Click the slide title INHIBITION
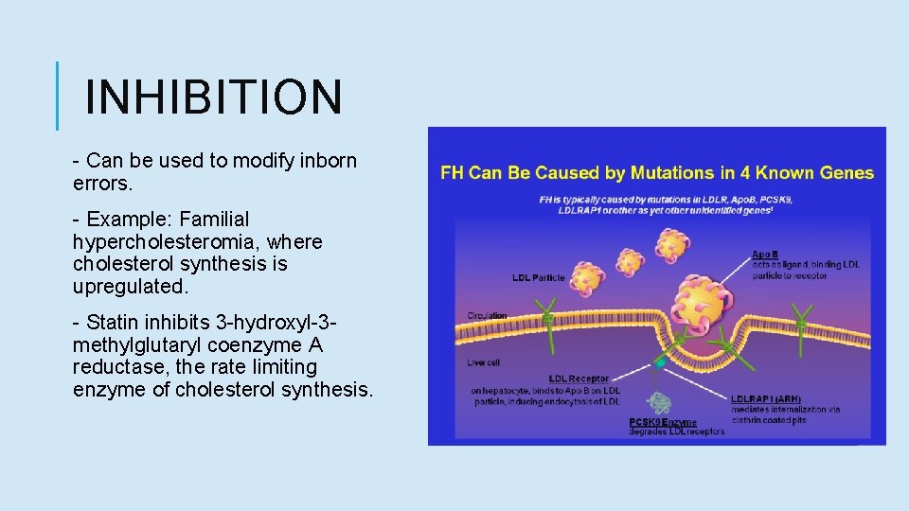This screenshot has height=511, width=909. (x=213, y=97)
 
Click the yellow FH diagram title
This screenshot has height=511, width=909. (x=657, y=173)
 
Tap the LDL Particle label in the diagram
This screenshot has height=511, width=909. (x=539, y=278)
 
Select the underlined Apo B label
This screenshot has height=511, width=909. (x=765, y=254)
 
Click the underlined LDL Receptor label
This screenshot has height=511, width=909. (x=579, y=379)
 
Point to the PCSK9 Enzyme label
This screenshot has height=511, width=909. (x=663, y=422)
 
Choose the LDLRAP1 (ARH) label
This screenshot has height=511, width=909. (x=766, y=398)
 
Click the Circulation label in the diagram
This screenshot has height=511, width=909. (x=487, y=315)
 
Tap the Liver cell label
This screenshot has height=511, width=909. (x=483, y=362)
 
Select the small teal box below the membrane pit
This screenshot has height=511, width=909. (x=660, y=362)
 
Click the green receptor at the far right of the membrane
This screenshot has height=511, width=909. (x=801, y=322)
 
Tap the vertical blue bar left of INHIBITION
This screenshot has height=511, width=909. (x=57, y=97)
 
